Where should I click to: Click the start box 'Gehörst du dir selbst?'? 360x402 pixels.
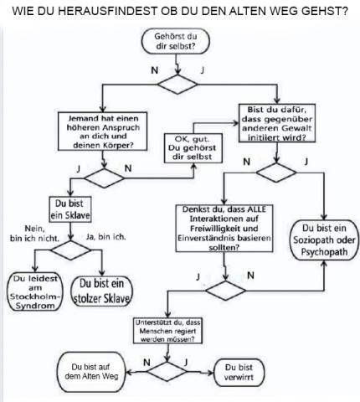click(x=176, y=41)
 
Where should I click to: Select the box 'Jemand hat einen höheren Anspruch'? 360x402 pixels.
click(x=102, y=131)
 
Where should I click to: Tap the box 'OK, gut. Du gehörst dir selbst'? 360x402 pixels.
click(x=193, y=148)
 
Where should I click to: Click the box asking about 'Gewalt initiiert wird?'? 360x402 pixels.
click(x=277, y=123)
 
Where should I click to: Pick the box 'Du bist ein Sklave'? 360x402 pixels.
click(x=70, y=209)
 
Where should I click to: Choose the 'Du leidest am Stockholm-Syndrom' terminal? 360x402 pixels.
click(x=35, y=291)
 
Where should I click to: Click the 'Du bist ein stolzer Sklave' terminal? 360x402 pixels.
click(x=101, y=291)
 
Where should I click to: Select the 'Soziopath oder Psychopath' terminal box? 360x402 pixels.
click(x=324, y=240)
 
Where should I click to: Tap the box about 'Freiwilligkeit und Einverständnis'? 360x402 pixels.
click(x=224, y=229)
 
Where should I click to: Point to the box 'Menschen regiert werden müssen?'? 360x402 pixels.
click(x=167, y=331)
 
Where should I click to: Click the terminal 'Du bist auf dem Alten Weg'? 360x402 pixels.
click(x=91, y=372)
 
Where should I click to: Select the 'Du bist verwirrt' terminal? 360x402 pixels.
click(x=239, y=373)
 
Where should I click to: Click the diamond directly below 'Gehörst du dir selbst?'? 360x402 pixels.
click(x=177, y=84)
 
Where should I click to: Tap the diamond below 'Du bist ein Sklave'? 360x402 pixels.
click(x=70, y=250)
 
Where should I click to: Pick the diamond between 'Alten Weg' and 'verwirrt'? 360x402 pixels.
click(x=167, y=372)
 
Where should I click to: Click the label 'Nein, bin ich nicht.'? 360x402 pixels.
click(x=34, y=234)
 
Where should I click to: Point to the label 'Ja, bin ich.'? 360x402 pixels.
click(x=105, y=237)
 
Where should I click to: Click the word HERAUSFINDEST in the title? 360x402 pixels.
click(x=108, y=11)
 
